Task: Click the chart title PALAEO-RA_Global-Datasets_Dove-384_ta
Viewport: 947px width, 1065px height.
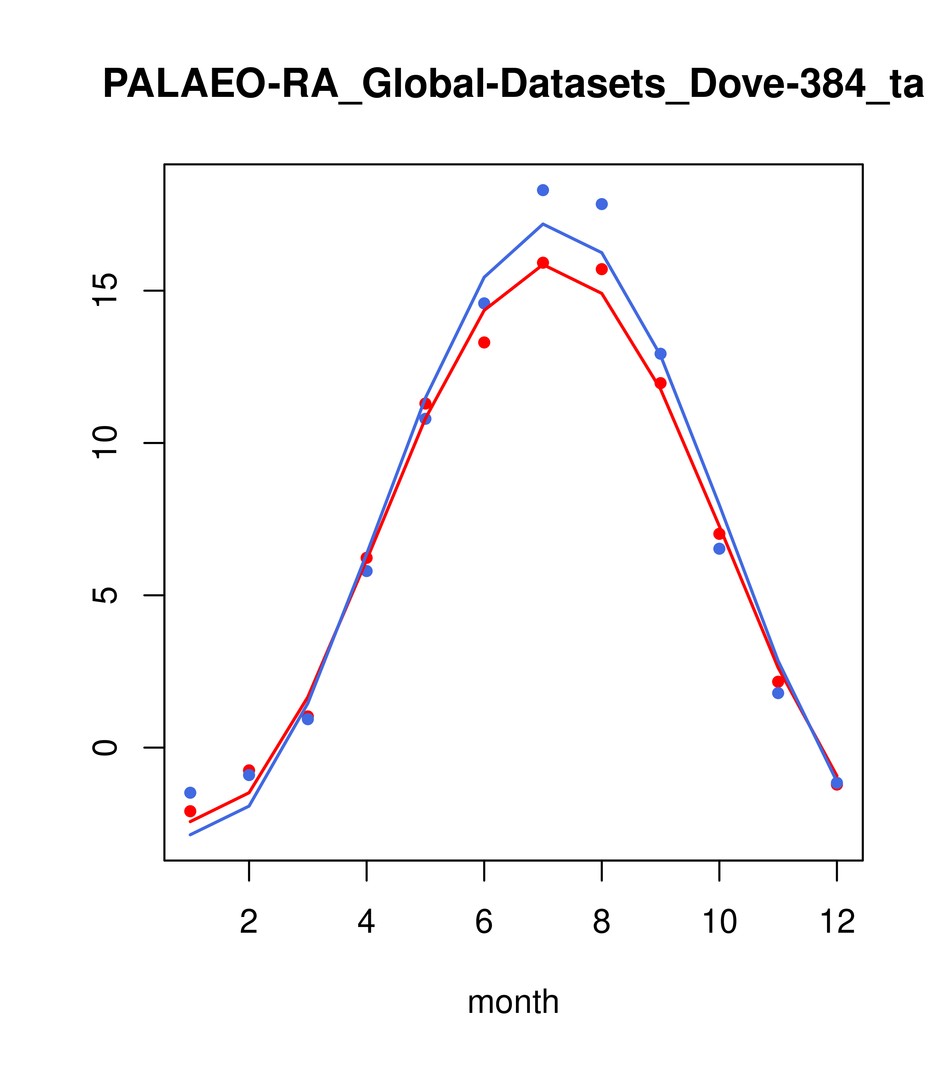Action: click(513, 85)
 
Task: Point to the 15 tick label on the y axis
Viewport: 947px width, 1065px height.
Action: click(106, 290)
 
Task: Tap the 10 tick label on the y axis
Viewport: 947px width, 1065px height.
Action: click(106, 443)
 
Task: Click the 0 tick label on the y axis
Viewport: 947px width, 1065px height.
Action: click(106, 747)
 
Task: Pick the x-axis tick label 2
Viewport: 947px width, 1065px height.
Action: click(249, 923)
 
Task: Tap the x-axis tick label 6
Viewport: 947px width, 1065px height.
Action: click(484, 923)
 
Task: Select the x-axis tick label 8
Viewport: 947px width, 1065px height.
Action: click(601, 923)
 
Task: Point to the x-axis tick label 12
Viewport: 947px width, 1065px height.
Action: click(837, 923)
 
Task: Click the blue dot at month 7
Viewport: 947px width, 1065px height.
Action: click(543, 190)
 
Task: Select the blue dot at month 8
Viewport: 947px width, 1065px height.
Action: click(601, 204)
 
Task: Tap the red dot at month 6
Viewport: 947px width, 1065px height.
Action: click(484, 342)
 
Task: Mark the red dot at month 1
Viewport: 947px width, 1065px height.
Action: click(190, 811)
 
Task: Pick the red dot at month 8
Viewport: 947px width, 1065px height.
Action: click(601, 269)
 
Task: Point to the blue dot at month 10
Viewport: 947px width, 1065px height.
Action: click(719, 549)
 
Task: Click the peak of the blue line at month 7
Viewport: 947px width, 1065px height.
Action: click(543, 224)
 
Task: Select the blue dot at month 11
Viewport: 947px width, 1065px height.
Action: click(778, 693)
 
